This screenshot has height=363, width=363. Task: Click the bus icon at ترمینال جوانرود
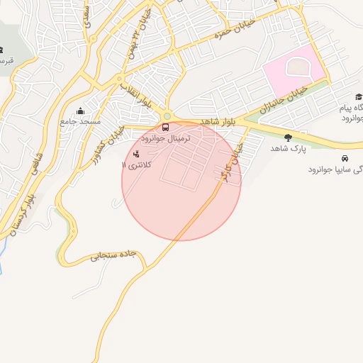(x=165, y=128)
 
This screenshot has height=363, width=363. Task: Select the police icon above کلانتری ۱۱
(x=136, y=153)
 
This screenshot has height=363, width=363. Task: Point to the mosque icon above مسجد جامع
(x=79, y=111)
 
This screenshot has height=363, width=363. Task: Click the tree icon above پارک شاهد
(x=287, y=138)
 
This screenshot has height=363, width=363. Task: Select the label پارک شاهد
(x=286, y=149)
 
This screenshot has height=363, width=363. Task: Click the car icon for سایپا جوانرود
(x=345, y=158)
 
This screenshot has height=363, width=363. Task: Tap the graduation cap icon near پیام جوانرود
(x=358, y=97)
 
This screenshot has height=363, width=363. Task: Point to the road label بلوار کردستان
(x=21, y=211)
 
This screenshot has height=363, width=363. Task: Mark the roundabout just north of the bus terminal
(x=167, y=116)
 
